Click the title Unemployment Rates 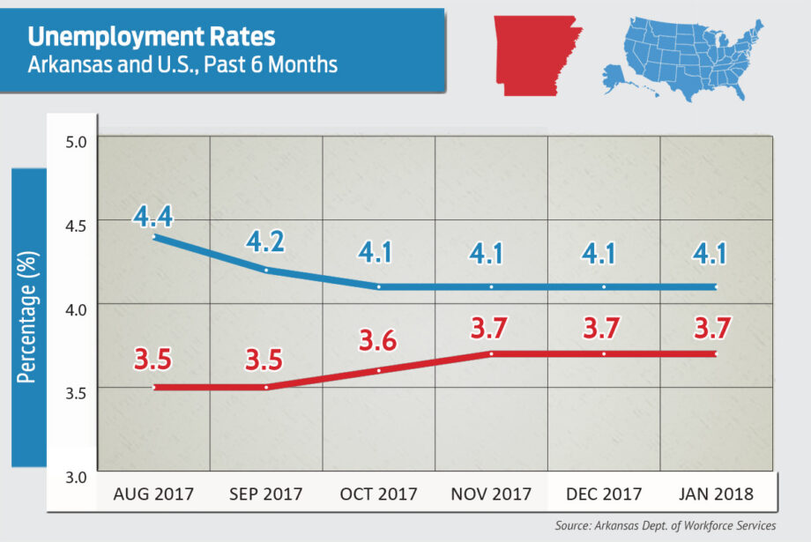coord(152,37)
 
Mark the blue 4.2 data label coord(265,242)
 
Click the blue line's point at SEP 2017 coord(265,270)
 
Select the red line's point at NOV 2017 coord(491,353)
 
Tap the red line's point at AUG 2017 coord(153,387)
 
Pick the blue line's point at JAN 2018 coord(717,286)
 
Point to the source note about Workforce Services coord(666,526)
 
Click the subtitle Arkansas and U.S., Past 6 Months coord(182,64)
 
